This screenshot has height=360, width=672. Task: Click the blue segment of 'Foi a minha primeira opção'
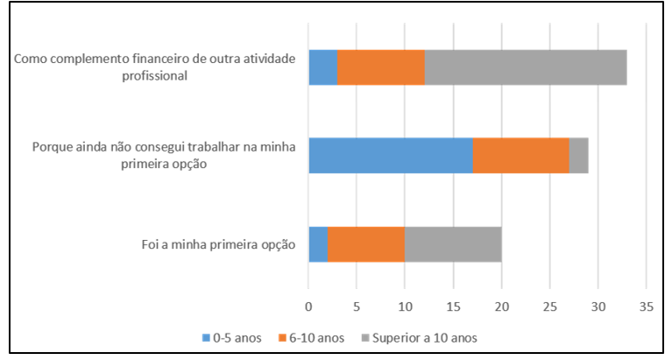[x=318, y=244]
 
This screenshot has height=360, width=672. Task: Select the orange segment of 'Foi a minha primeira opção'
[x=366, y=244]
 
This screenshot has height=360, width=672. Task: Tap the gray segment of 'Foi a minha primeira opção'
[x=454, y=244]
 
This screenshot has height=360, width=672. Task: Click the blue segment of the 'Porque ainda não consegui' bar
[x=391, y=156]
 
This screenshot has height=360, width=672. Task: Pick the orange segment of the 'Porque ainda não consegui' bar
[x=521, y=156]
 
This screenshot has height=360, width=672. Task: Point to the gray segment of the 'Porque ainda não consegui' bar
[x=579, y=156]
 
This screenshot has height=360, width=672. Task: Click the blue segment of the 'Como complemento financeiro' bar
[x=323, y=67]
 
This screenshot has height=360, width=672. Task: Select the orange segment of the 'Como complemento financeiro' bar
[x=381, y=67]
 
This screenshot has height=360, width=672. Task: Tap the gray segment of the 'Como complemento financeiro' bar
[x=526, y=67]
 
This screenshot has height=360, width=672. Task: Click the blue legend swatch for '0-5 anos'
[x=206, y=338]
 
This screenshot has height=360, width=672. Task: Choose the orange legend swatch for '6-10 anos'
[x=282, y=338]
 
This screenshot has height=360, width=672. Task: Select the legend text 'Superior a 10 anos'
[x=425, y=338]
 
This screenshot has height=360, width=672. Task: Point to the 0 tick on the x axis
[x=308, y=307]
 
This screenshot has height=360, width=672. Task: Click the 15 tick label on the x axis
[x=454, y=307]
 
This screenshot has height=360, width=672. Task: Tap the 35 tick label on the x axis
[x=647, y=307]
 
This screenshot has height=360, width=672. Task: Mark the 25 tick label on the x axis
[x=550, y=307]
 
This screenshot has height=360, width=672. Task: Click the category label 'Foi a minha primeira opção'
[x=218, y=244]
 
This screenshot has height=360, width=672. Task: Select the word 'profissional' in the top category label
[x=155, y=76]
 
